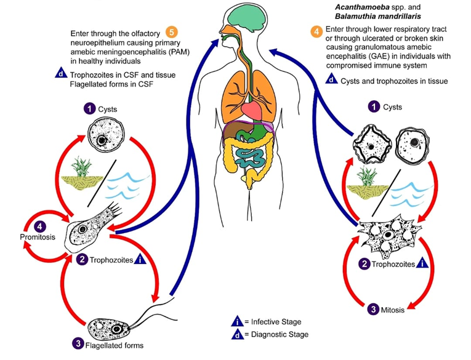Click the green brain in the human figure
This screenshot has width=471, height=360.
pyautogui.click(x=246, y=21)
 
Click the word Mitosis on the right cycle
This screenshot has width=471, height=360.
pyautogui.click(x=392, y=310)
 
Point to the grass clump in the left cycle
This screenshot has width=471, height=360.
pyautogui.click(x=83, y=170)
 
